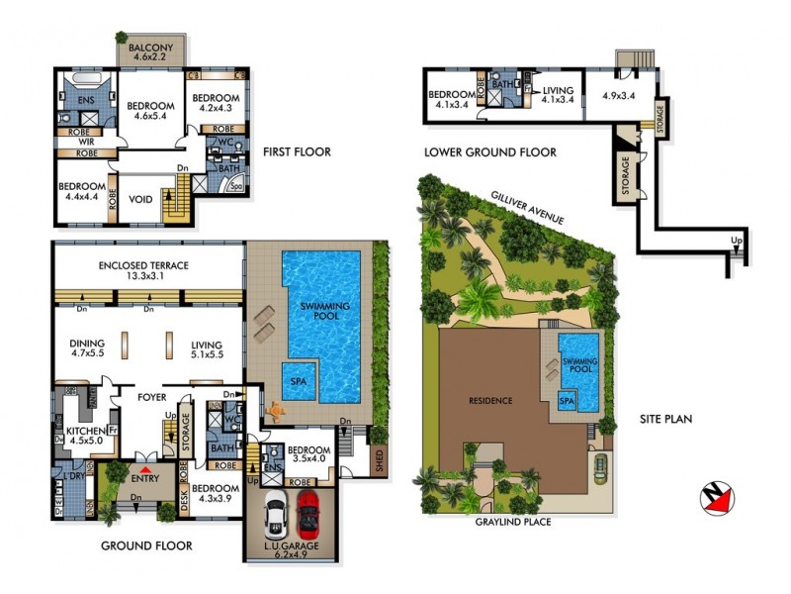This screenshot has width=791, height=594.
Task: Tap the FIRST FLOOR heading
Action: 298,152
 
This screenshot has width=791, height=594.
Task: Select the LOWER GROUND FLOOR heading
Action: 489,152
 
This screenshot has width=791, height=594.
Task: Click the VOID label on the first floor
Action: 141,199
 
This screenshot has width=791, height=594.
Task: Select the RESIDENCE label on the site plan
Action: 491,401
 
